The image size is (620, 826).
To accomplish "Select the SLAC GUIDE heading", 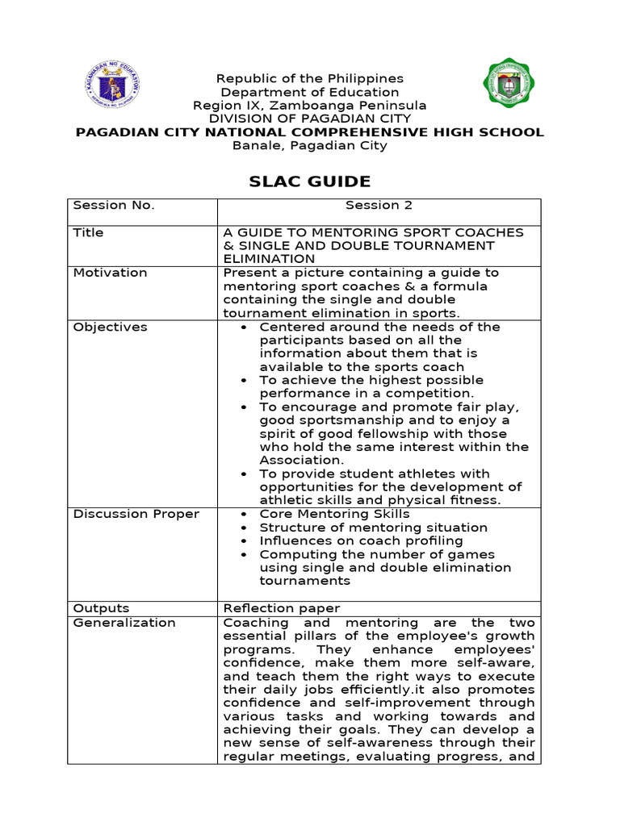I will (x=310, y=181).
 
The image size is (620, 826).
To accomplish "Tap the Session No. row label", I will (x=114, y=205).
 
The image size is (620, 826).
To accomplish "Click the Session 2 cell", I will (x=379, y=205).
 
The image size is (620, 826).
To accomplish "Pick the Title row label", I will (x=88, y=232).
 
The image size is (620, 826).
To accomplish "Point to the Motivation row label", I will (x=110, y=273).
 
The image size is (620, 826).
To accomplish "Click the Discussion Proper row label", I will (x=136, y=514).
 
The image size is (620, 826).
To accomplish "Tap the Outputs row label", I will (x=101, y=608).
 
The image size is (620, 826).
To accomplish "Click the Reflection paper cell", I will (x=281, y=608).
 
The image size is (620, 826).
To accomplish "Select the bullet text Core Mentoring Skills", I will (x=334, y=514).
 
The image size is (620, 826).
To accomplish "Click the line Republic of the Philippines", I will (x=309, y=78).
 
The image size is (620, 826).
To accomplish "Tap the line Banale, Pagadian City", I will (x=309, y=146).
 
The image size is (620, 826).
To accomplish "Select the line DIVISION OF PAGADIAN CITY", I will (x=309, y=119).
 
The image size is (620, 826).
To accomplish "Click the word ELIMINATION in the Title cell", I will (x=269, y=259).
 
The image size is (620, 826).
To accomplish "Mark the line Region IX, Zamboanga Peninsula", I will (x=309, y=106).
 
